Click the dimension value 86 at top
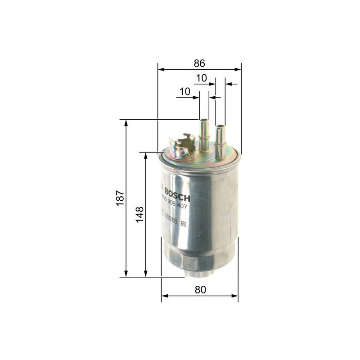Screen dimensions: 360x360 tap(199, 63)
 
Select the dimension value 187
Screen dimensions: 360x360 tap(120, 198)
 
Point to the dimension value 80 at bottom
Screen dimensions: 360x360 tap(200, 290)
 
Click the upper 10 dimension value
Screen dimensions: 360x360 tap(201, 78)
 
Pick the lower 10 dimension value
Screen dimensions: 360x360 tap(184, 91)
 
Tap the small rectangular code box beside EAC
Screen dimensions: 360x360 tap(171, 221)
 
